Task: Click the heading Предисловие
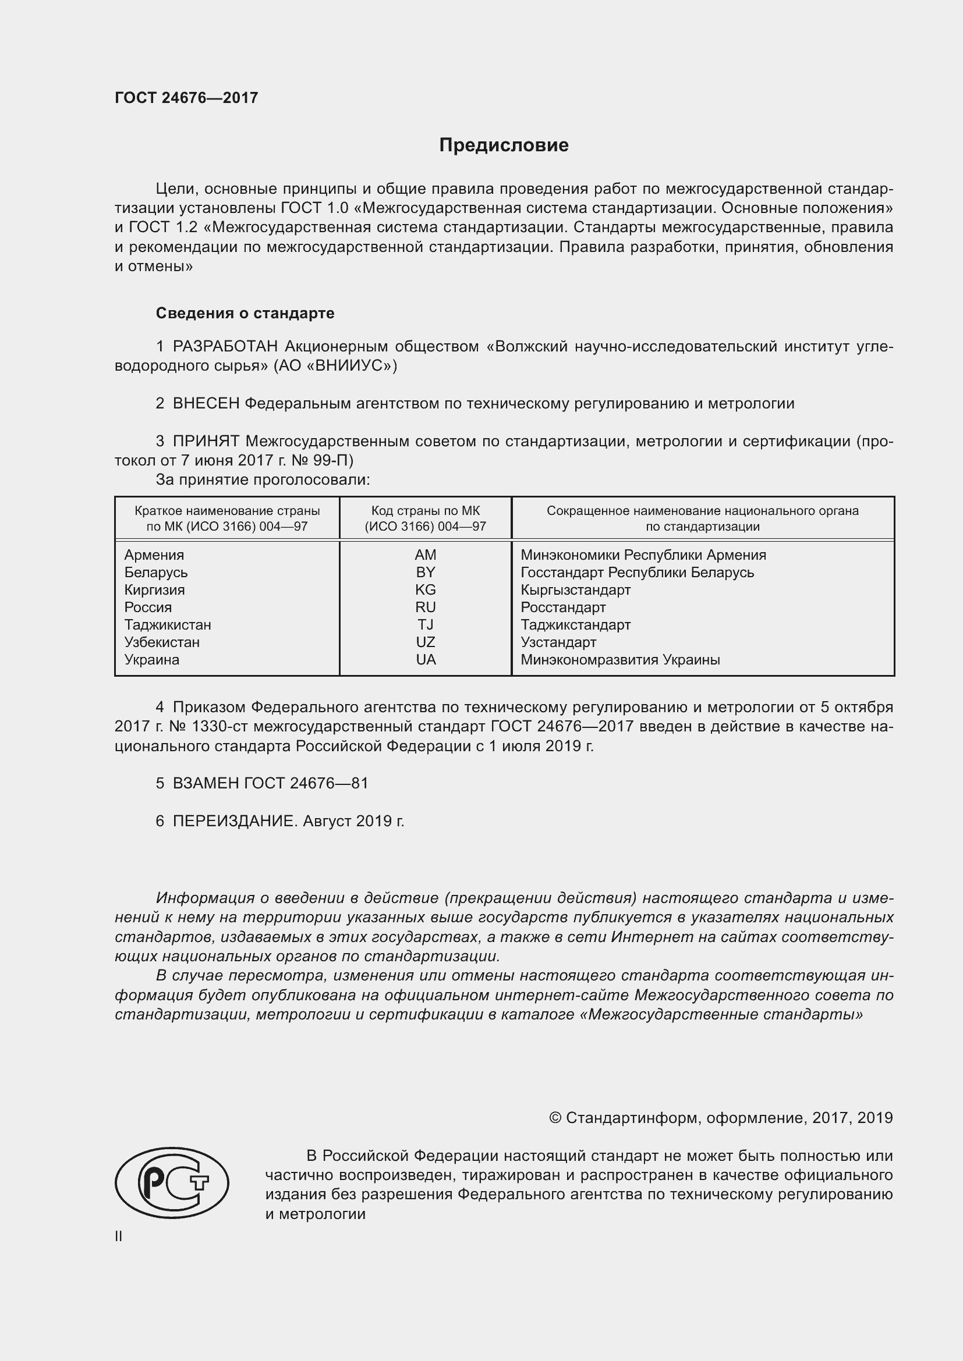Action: tap(504, 145)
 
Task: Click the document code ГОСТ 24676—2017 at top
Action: tap(186, 98)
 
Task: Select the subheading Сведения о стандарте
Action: tap(245, 313)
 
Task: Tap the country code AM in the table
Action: tap(425, 555)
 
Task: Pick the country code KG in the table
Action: tap(425, 590)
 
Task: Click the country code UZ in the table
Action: tap(425, 642)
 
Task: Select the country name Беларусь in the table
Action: tap(156, 573)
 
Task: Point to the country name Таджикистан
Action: tap(168, 625)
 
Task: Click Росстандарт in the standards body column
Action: tap(564, 607)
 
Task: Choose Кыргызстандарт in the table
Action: tap(575, 590)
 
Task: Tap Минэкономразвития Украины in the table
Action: tap(620, 660)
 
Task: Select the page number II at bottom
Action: tap(119, 1236)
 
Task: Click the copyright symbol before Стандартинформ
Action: tap(555, 1118)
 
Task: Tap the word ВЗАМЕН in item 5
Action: tap(206, 783)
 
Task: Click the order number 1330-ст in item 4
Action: tap(219, 727)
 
